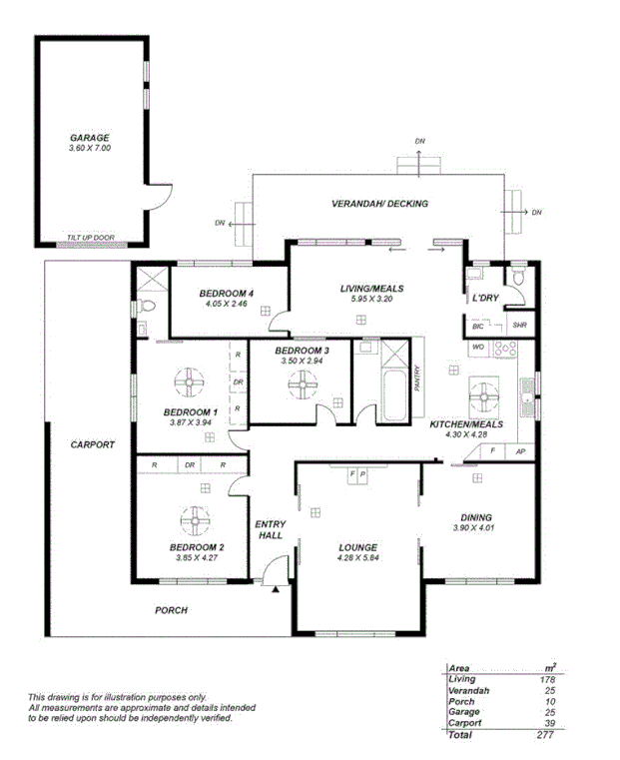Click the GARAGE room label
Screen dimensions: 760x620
[89, 138]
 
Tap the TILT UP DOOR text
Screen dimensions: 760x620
[91, 238]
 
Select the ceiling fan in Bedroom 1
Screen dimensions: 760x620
[187, 380]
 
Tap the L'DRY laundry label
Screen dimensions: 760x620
[485, 299]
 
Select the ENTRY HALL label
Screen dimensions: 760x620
[270, 529]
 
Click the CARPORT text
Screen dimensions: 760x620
[93, 445]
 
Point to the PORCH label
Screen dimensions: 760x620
[171, 610]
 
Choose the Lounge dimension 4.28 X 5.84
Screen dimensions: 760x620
[356, 558]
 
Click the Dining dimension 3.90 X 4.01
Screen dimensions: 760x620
[473, 527]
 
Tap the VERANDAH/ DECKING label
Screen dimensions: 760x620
[379, 204]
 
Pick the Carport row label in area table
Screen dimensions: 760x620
[464, 723]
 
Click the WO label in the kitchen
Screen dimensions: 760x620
[478, 347]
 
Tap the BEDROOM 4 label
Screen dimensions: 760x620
[227, 293]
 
